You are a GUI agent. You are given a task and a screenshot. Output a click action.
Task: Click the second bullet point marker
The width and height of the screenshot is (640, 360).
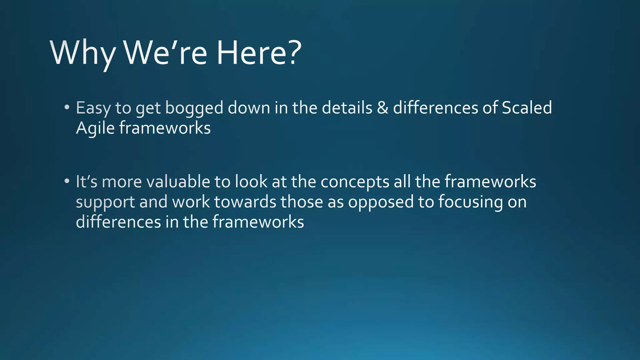pos(67,181)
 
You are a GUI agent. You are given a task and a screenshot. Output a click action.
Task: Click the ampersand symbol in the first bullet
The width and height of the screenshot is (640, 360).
pos(382,108)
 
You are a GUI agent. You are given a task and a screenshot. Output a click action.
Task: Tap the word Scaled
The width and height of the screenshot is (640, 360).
pos(527,108)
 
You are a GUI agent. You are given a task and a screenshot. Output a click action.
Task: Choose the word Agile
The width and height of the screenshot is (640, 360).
pos(95,128)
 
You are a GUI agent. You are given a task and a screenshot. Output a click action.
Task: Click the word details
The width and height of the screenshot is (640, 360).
pos(347,108)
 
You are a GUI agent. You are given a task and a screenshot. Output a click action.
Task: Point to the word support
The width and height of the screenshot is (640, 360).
pos(105,202)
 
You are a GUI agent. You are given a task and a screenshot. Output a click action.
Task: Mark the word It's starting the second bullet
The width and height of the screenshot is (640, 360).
pos(87,182)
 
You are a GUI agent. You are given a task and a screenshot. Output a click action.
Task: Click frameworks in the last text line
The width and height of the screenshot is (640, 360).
pos(258,222)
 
